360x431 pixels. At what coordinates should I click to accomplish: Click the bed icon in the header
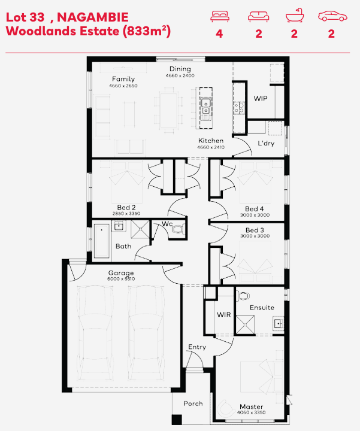point(220,16)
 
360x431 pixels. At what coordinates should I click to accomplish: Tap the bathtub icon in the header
point(295,16)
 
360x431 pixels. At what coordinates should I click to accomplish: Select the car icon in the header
point(332,16)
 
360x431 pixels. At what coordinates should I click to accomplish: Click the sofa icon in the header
point(258,17)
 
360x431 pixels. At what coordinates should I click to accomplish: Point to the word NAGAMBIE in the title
point(93,17)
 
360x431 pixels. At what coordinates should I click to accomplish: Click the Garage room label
point(121,273)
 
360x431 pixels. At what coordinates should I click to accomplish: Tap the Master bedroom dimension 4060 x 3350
point(252,412)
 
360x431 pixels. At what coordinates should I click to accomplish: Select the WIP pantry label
point(261,98)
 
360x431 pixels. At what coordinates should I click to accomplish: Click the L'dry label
point(266,143)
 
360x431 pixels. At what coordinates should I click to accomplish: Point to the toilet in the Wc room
point(179,229)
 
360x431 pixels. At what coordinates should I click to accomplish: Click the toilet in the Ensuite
point(243,296)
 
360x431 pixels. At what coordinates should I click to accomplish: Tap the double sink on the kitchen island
point(205,107)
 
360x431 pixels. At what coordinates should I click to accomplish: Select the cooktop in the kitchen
point(239,107)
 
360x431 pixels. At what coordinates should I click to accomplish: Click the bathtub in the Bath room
point(101,241)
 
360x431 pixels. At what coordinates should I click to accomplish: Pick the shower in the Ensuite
point(245,324)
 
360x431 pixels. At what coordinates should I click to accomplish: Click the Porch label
point(193,403)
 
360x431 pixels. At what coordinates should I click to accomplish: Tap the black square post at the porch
point(177,420)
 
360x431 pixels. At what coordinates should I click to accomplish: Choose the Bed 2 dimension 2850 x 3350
point(126,213)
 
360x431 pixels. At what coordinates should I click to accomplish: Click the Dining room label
point(180,69)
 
